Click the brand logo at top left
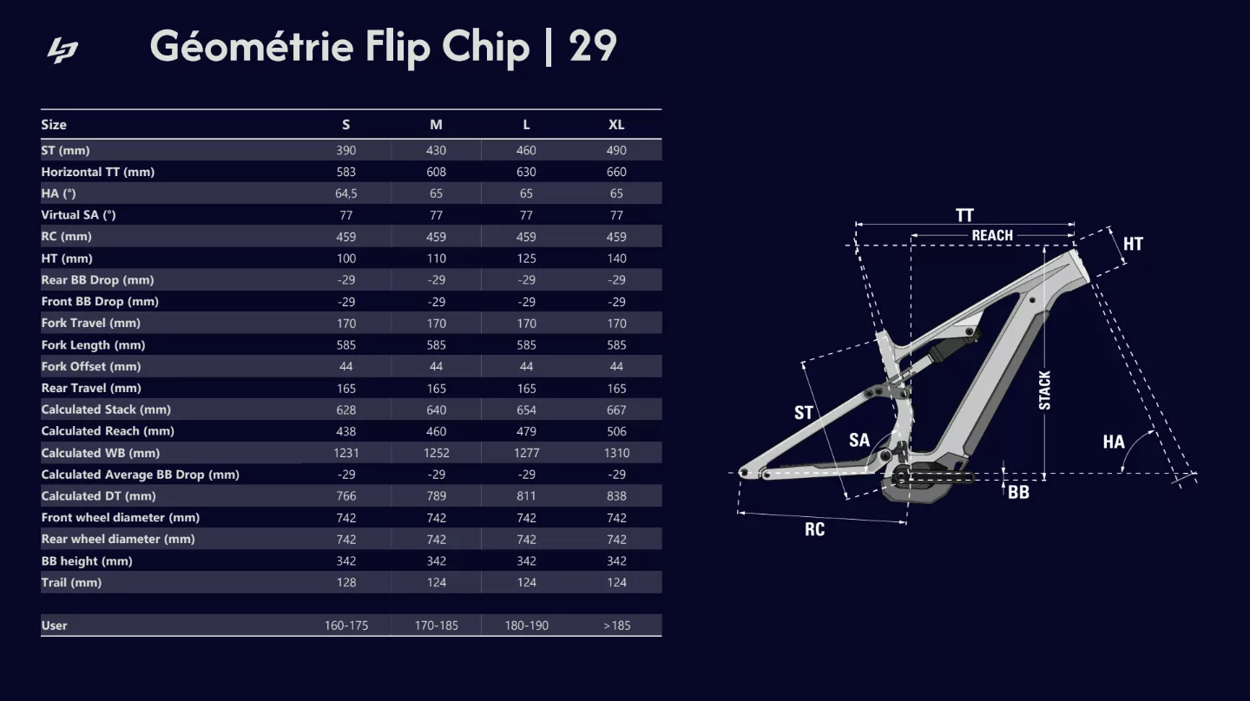click(x=62, y=50)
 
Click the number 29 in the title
click(x=593, y=46)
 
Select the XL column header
click(x=616, y=125)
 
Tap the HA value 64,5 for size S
click(x=346, y=193)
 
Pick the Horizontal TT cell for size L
click(x=526, y=172)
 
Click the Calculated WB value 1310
click(x=616, y=453)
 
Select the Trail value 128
click(x=346, y=582)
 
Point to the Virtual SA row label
click(x=78, y=215)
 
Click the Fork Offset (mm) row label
click(x=90, y=366)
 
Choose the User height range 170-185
click(x=436, y=626)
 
